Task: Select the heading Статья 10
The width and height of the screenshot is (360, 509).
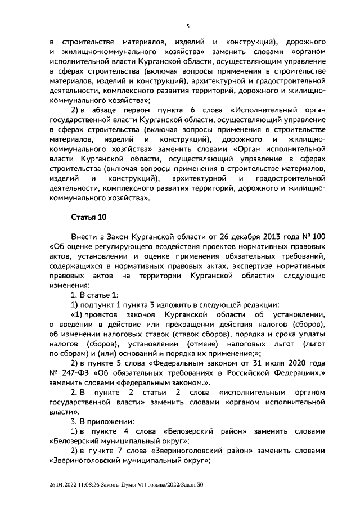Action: pos(88,217)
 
